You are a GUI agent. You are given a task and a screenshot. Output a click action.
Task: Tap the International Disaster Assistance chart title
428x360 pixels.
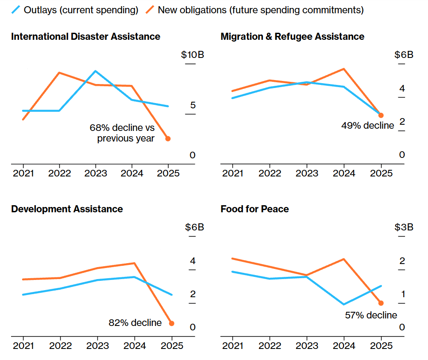tap(85, 37)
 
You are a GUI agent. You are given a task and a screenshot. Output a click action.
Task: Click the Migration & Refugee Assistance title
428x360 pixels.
tap(292, 37)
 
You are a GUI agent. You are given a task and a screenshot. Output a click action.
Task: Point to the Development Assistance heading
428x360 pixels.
tap(67, 209)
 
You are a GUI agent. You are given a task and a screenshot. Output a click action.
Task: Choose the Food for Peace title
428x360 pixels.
tap(254, 209)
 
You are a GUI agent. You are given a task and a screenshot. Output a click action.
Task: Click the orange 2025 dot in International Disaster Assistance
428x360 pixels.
tap(168, 138)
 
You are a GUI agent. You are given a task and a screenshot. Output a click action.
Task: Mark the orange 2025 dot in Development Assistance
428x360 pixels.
tap(172, 323)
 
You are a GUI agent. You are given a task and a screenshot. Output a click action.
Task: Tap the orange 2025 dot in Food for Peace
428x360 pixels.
tap(381, 303)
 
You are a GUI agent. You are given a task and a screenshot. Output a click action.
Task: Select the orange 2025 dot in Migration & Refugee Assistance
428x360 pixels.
tap(381, 115)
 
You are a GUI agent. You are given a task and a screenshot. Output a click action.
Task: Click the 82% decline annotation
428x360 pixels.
tap(135, 323)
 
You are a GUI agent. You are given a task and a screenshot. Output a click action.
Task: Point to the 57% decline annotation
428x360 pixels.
tap(371, 315)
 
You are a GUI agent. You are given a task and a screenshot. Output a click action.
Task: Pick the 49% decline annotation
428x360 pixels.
tap(367, 126)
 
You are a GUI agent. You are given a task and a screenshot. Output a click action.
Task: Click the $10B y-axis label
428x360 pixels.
tap(193, 55)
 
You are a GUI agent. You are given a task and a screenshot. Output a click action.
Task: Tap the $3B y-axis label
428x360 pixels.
tap(404, 227)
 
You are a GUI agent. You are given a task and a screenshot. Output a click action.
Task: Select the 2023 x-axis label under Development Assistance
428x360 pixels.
tap(96, 345)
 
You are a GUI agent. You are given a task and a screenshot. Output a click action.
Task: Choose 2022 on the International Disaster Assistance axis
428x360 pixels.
tap(60, 173)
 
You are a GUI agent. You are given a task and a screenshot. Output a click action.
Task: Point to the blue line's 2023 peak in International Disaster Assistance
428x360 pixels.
tap(95, 71)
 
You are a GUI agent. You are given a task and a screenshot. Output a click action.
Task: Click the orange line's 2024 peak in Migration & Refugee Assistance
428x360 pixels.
tap(344, 69)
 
